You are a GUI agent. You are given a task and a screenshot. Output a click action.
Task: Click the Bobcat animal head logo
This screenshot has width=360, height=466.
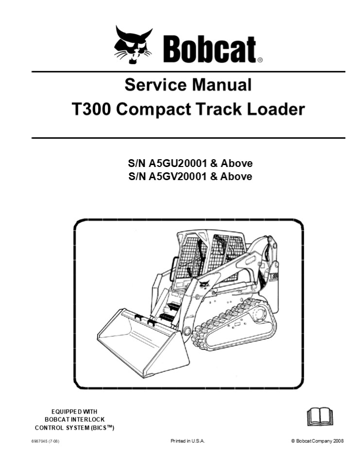click(x=132, y=45)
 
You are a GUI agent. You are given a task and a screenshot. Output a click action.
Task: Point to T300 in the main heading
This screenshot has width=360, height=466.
click(x=92, y=109)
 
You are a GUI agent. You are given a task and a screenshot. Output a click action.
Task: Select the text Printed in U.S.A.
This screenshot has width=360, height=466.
click(x=188, y=441)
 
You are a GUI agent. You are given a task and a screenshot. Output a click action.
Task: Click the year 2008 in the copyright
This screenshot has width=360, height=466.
click(x=337, y=441)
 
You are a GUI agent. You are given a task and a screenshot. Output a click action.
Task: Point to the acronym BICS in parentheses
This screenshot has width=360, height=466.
click(x=102, y=428)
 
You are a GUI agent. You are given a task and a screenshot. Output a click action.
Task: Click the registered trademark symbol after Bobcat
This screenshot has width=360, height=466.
click(x=260, y=61)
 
